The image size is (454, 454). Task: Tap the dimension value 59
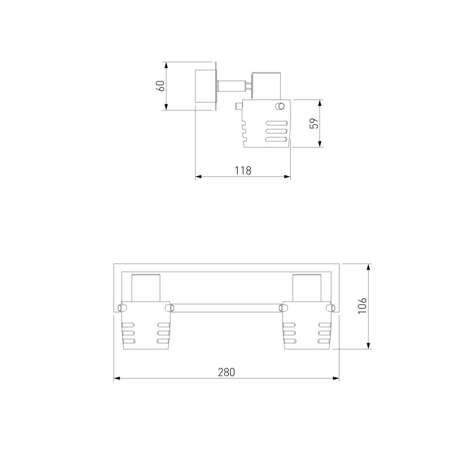tap(314, 123)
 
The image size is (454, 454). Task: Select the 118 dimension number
tap(243, 171)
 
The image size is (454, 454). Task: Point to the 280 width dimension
tap(227, 372)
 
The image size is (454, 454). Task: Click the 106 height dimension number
tap(362, 306)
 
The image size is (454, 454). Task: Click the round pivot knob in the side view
tap(280, 106)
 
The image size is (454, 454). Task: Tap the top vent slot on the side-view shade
tap(277, 123)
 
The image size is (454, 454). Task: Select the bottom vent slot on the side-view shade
tap(277, 139)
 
